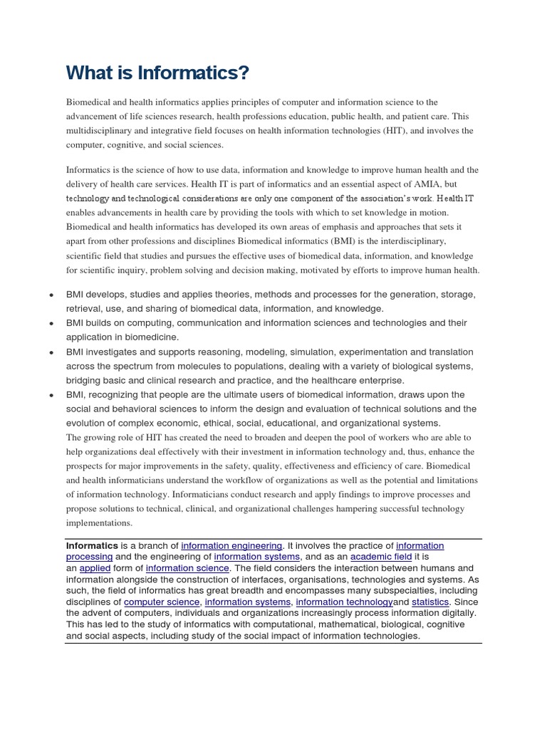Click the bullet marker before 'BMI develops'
tap(52, 295)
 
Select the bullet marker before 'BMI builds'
tap(52, 324)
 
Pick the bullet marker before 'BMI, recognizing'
tap(52, 395)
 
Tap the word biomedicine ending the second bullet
tap(152, 337)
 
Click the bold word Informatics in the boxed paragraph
tap(91, 546)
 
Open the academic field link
tap(380, 557)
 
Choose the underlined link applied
tap(95, 568)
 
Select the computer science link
tap(162, 602)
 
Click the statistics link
tap(430, 602)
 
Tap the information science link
tap(187, 568)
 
